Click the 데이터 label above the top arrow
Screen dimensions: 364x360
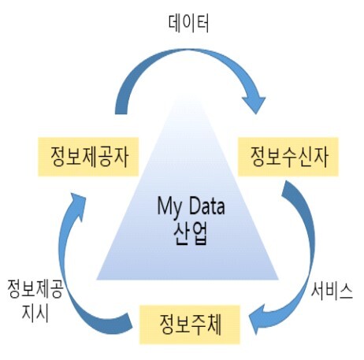tap(188, 24)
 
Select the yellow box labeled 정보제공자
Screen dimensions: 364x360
tap(88, 157)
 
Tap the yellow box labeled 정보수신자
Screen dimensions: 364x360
tap(288, 157)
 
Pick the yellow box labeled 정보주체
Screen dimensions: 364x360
tap(190, 325)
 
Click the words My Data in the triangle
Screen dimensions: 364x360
tap(191, 207)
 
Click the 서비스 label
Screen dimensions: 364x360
tap(332, 291)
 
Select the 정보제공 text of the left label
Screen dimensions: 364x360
tap(35, 288)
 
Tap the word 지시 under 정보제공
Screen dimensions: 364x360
tap(35, 313)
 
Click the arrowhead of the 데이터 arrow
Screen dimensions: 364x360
tap(254, 105)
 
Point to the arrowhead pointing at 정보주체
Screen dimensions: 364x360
tap(258, 320)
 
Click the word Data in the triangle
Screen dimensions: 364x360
tap(206, 206)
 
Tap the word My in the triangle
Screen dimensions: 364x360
tap(169, 207)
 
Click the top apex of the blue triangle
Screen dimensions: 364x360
tap(188, 96)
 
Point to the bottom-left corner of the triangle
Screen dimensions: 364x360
tap(97, 280)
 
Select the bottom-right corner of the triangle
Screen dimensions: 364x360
tap(278, 280)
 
